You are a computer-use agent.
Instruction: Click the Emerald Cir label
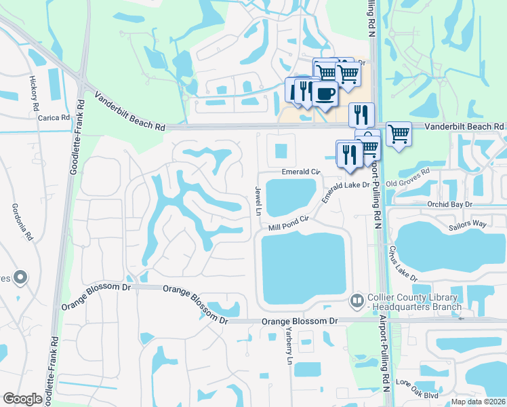click(x=301, y=172)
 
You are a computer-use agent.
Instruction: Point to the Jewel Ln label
click(x=258, y=201)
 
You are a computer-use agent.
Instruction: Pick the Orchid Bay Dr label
click(x=449, y=203)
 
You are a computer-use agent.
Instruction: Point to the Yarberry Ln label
click(x=289, y=346)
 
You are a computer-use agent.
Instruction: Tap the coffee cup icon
click(x=325, y=94)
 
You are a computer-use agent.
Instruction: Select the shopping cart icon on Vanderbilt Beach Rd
click(x=399, y=133)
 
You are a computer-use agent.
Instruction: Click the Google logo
click(x=22, y=399)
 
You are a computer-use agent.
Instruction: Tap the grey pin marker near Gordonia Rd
click(x=20, y=277)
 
